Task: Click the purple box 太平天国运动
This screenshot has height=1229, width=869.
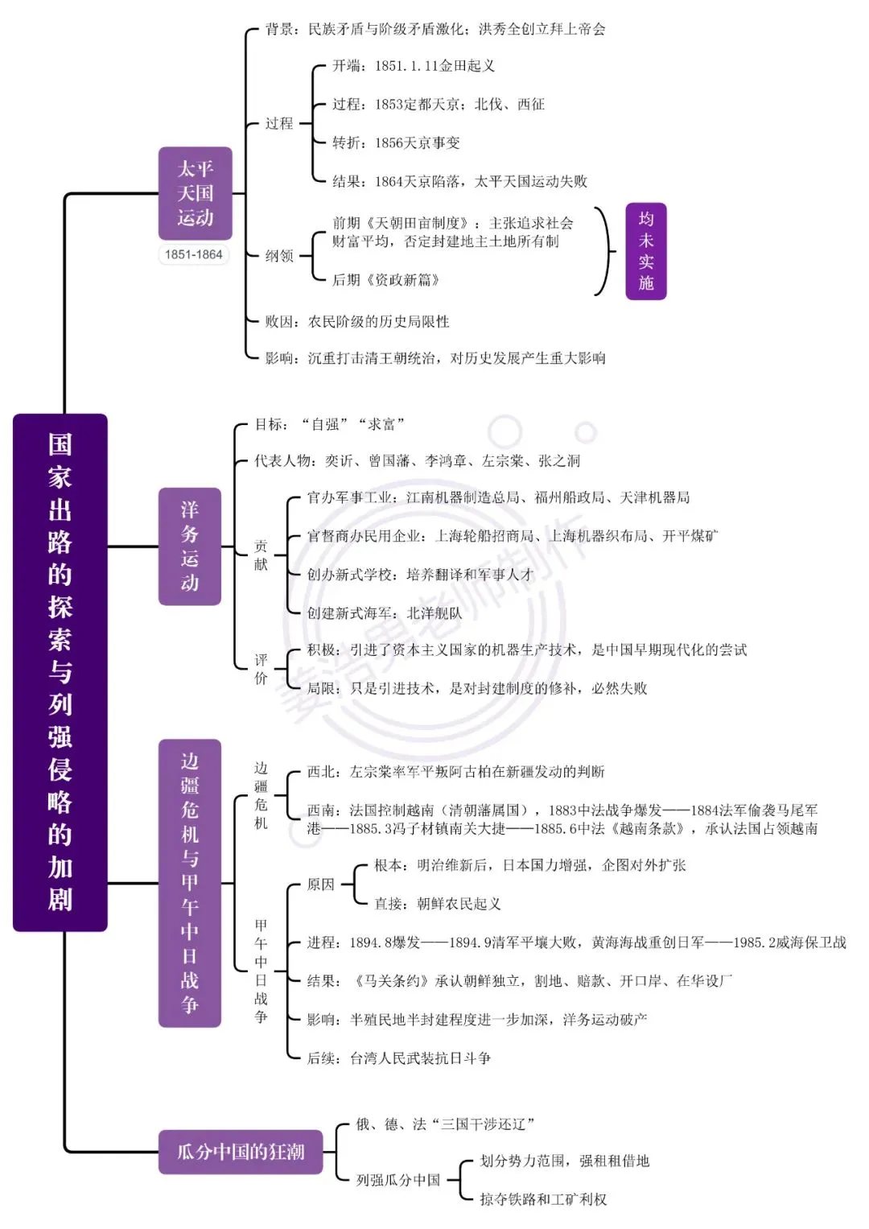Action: [195, 193]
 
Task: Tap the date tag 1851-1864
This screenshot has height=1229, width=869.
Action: [194, 254]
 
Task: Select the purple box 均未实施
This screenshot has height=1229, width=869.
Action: [645, 251]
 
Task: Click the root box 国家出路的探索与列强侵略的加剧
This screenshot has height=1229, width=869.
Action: [60, 672]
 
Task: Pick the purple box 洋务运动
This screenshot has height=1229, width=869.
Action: [190, 546]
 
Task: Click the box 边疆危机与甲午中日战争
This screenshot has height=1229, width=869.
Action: [190, 884]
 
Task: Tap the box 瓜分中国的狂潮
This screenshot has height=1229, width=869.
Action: [241, 1153]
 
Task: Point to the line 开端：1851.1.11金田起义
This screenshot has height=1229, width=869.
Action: [413, 66]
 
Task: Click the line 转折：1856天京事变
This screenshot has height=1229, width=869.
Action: [396, 142]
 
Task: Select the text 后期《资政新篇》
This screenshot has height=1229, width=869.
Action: [385, 280]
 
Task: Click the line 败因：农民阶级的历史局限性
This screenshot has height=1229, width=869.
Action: [357, 321]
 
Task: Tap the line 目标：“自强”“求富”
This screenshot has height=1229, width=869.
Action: [330, 424]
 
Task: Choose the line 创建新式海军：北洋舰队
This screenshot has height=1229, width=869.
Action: [385, 612]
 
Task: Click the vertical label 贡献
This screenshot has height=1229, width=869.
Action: [261, 555]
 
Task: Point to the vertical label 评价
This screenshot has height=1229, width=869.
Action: [261, 669]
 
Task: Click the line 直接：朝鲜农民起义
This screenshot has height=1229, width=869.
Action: [437, 904]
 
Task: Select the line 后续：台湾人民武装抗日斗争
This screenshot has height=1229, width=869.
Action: [399, 1058]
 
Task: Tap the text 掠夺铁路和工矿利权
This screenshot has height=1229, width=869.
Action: [543, 1199]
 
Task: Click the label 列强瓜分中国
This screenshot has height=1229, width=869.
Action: [397, 1180]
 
